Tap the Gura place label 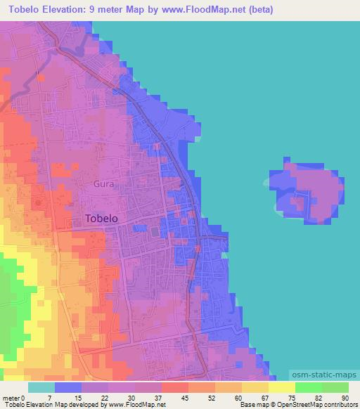(x=103, y=184)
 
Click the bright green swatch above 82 (x=309, y=387)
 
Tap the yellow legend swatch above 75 (x=282, y=387)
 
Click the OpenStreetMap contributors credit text (x=309, y=404)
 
